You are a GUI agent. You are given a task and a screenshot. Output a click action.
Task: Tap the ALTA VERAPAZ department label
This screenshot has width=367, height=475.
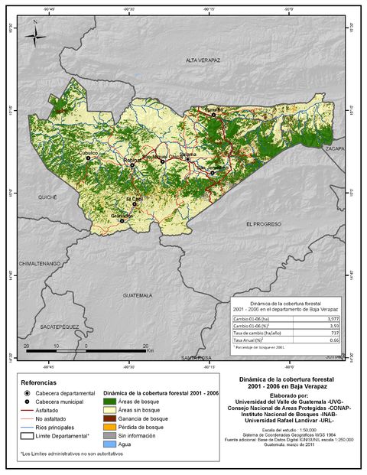pos(203,60)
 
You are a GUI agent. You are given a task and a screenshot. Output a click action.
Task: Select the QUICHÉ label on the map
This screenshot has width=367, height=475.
pos(48,197)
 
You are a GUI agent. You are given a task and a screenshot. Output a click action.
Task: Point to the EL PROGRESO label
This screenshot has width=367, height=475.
pos(264,223)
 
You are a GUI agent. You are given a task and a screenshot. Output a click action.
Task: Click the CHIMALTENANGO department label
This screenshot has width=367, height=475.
pos(40,263)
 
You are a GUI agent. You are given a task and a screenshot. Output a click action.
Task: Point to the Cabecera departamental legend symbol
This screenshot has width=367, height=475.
pos(28,392)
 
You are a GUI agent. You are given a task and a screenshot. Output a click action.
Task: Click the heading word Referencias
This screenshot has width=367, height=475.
pos(42,382)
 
